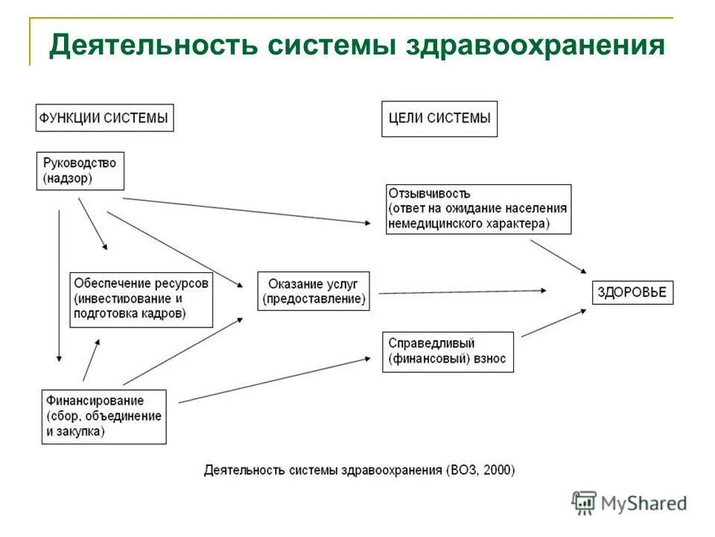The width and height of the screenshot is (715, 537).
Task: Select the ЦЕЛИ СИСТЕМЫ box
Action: (439, 118)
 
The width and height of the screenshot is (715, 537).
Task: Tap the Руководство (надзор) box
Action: (80, 171)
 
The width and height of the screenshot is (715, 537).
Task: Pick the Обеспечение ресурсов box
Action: (142, 299)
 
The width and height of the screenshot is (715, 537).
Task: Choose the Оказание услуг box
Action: (314, 291)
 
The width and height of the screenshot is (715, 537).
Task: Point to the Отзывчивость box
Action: (478, 209)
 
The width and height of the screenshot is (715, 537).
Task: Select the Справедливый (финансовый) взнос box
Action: (448, 351)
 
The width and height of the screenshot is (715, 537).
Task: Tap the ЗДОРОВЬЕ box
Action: (632, 292)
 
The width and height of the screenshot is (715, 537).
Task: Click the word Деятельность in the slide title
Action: (144, 45)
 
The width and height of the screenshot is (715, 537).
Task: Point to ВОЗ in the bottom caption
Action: (465, 471)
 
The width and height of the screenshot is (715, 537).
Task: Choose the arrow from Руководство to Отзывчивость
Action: (246, 210)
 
